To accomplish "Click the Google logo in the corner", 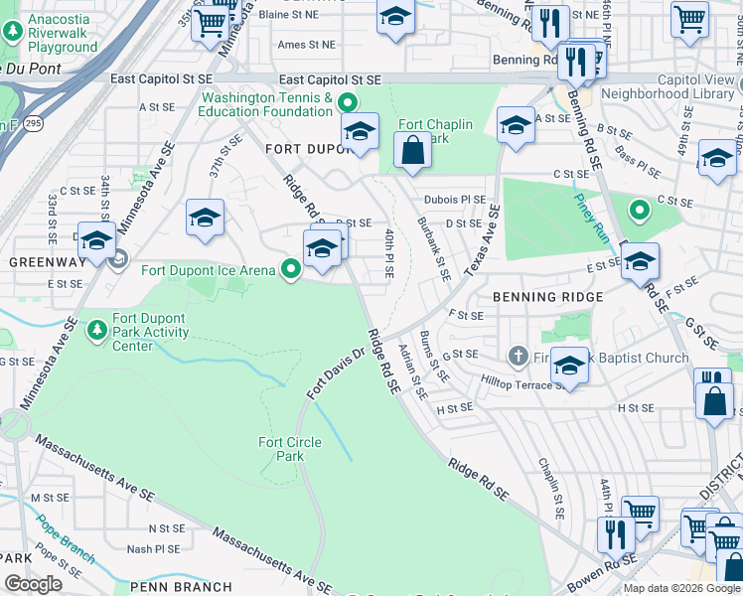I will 34,584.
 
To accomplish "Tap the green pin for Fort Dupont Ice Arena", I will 291,269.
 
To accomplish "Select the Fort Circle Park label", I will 290,450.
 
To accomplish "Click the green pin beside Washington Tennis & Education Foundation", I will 348,103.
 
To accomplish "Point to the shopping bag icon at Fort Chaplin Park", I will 412,151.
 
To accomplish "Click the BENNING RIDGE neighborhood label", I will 547,297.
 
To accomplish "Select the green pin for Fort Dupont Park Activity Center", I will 97,329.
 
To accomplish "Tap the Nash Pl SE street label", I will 153,548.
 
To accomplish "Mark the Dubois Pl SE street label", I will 455,199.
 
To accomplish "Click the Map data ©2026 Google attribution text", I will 681,588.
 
